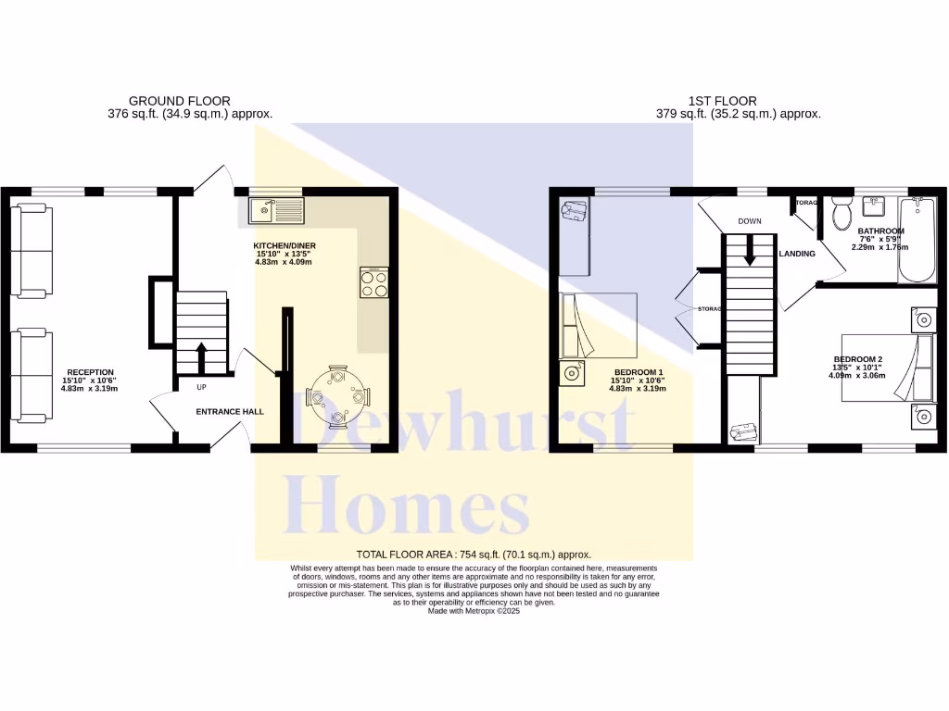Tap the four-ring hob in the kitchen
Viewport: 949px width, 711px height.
click(x=374, y=282)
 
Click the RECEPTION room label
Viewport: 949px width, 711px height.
click(x=90, y=372)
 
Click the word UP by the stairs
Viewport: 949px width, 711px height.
click(x=201, y=386)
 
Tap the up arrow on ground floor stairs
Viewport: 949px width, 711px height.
click(x=201, y=355)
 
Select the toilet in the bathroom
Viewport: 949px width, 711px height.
click(x=841, y=212)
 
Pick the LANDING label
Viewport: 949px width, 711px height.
click(x=797, y=253)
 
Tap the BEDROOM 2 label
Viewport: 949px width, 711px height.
click(x=857, y=359)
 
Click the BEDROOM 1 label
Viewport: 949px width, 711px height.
click(x=638, y=371)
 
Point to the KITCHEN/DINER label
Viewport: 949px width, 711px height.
click(x=284, y=246)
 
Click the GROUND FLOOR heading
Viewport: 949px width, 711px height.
click(x=179, y=101)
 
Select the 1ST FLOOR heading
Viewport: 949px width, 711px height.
click(x=722, y=101)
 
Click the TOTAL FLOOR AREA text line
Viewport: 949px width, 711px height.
click(x=474, y=554)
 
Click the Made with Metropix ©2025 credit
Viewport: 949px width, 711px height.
click(x=474, y=611)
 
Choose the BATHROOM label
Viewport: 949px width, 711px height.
click(x=880, y=231)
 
